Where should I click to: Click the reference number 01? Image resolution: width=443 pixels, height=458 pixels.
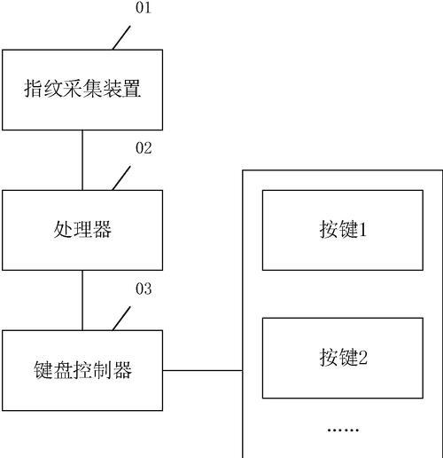(x=144, y=8)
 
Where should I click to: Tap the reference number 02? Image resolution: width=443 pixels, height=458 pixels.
(x=144, y=148)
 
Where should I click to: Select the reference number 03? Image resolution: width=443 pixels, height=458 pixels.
(x=144, y=288)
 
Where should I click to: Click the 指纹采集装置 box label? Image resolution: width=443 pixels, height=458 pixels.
(x=82, y=88)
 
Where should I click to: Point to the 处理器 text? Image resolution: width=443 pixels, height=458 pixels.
(x=82, y=229)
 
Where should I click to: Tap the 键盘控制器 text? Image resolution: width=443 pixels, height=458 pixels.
(x=82, y=370)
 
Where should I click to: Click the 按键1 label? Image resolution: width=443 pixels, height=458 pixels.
(x=343, y=229)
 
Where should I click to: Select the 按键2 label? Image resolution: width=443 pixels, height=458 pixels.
(x=343, y=357)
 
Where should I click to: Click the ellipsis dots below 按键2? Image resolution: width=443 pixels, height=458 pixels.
(x=343, y=430)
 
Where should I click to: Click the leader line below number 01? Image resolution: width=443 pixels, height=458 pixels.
(x=121, y=37)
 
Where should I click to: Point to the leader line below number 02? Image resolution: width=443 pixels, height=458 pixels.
(x=121, y=178)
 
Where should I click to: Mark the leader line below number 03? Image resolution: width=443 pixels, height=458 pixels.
(x=121, y=319)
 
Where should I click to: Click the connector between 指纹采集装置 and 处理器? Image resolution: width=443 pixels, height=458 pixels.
(x=82, y=160)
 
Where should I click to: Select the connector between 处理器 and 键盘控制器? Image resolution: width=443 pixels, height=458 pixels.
(x=82, y=300)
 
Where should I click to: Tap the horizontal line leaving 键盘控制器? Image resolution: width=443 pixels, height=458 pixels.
(x=203, y=370)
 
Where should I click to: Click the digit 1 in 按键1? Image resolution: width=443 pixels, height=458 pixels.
(x=363, y=230)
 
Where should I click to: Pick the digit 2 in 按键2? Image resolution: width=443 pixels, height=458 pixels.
(x=362, y=358)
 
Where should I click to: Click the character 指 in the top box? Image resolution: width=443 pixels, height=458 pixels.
(x=34, y=88)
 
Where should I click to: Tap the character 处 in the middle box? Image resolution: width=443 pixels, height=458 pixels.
(x=63, y=229)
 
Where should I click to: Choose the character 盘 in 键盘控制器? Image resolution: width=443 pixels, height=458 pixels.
(x=63, y=370)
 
